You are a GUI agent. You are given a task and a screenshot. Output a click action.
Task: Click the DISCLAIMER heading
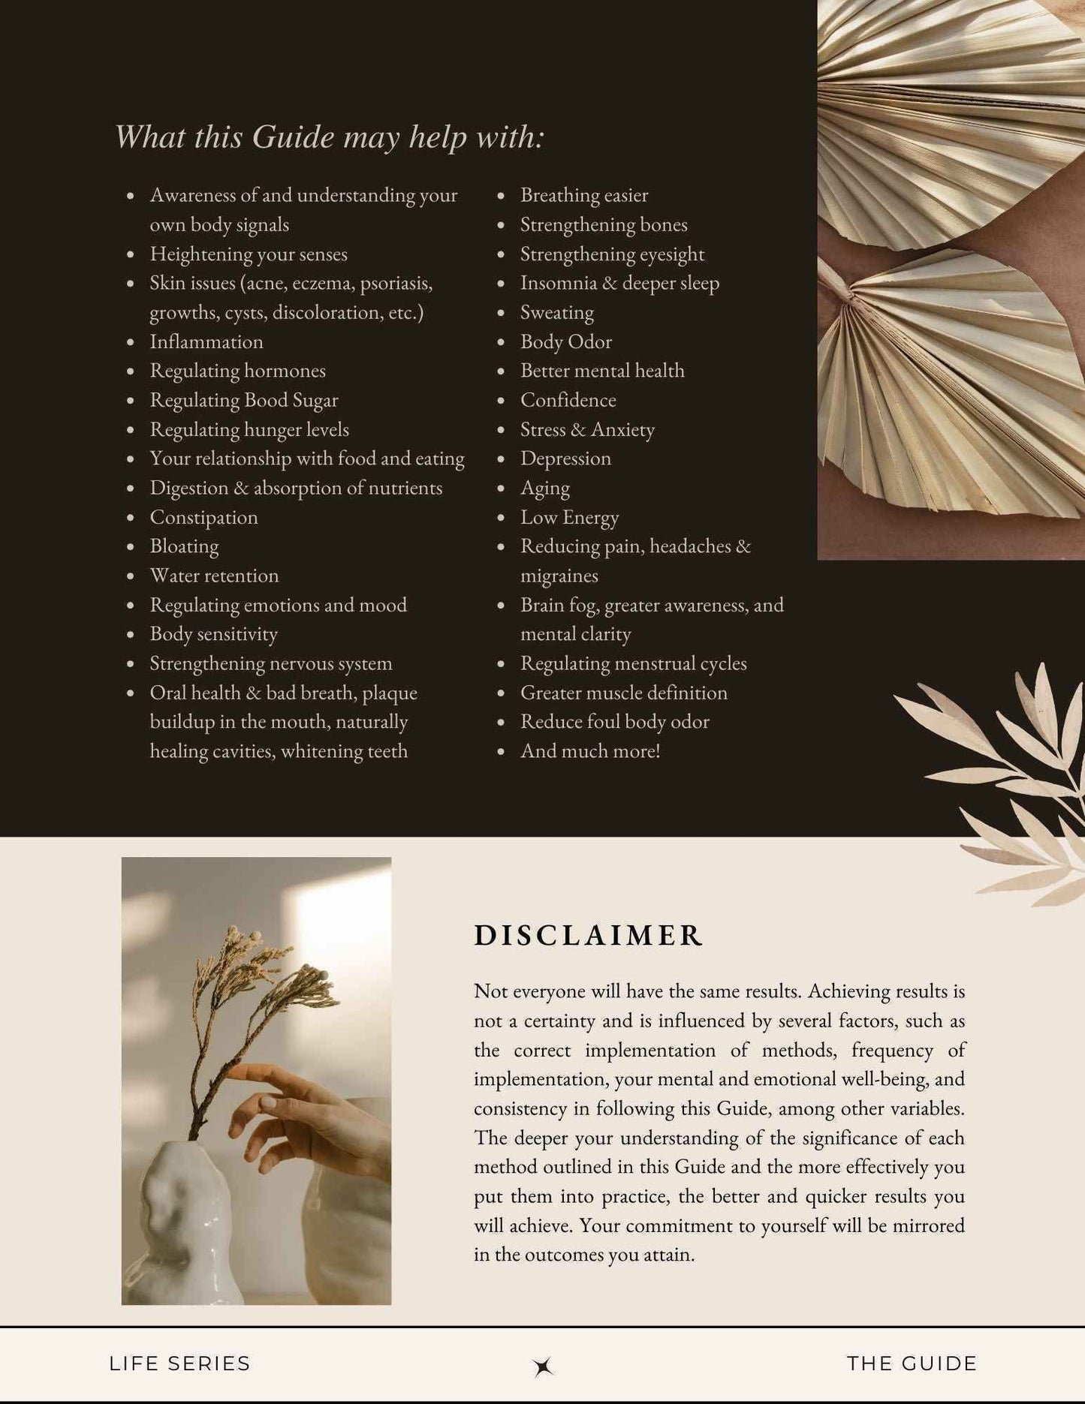[588, 935]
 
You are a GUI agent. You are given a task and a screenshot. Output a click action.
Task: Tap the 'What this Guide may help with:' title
[329, 137]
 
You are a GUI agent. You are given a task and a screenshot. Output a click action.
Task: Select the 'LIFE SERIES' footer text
[179, 1363]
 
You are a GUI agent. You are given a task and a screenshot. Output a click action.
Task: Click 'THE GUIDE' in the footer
[912, 1363]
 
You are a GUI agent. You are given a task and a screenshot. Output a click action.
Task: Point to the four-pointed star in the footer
[543, 1366]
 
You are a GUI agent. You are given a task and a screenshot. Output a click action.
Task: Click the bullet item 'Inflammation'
[206, 341]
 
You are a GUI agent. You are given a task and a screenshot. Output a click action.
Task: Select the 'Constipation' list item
[203, 517]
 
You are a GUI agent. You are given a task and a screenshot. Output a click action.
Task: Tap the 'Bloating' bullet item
[184, 546]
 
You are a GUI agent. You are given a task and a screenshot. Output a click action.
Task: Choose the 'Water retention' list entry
[214, 576]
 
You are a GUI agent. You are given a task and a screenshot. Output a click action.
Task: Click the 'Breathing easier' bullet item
[584, 195]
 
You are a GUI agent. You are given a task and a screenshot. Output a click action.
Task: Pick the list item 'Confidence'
[568, 400]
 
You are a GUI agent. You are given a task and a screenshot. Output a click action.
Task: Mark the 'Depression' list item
[565, 458]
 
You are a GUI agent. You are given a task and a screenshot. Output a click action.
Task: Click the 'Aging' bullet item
[545, 488]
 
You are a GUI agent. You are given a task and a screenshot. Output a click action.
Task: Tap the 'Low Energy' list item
[569, 517]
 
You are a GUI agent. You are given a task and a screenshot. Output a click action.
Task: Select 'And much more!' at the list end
[590, 751]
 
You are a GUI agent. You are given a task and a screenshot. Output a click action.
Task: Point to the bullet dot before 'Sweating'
[501, 313]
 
